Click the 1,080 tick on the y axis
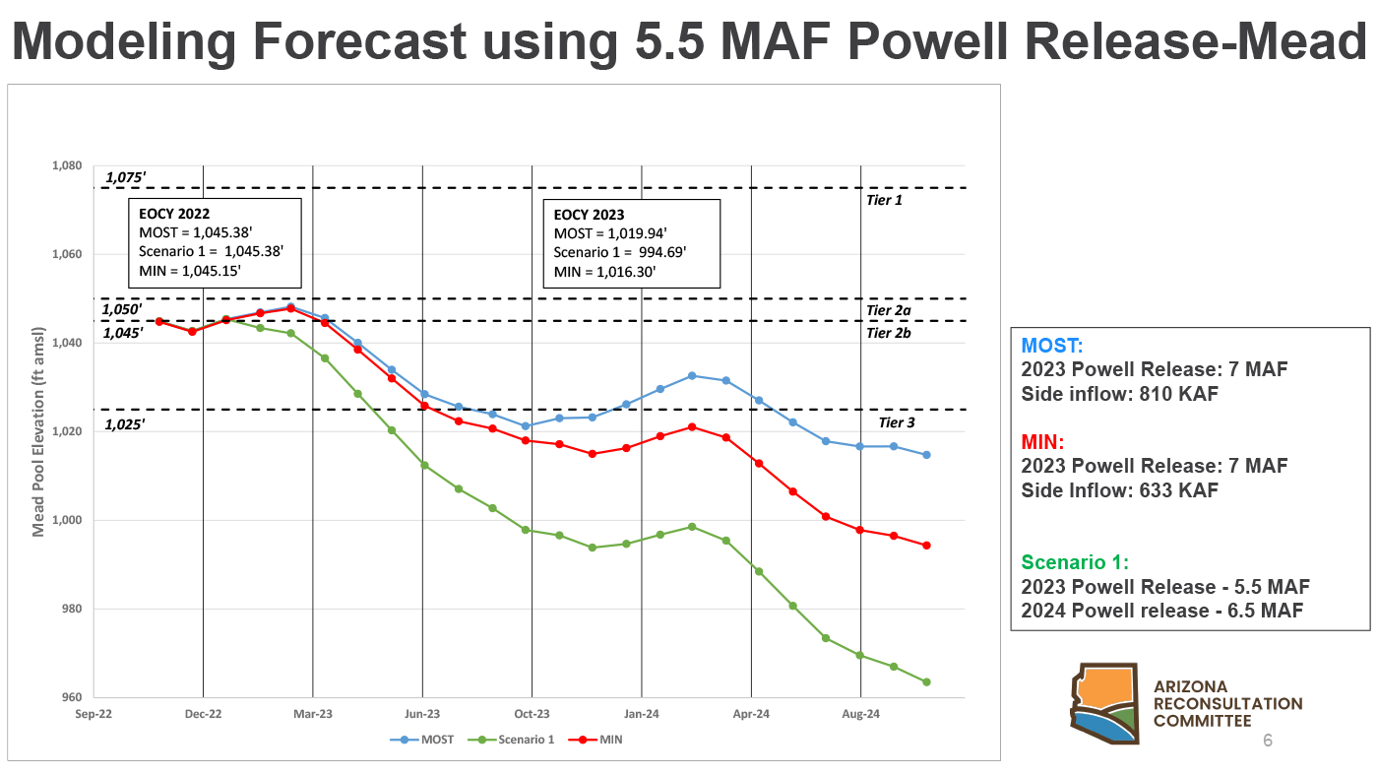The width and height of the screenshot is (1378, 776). click(x=67, y=165)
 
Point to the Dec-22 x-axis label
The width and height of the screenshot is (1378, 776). click(x=203, y=713)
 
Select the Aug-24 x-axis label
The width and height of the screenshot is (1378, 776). click(x=861, y=713)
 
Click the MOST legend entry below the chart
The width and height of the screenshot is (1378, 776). click(x=423, y=739)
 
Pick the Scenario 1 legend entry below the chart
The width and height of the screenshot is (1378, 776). click(x=517, y=739)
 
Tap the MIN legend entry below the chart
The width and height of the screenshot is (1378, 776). click(x=601, y=739)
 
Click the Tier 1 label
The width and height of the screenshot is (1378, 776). click(x=884, y=200)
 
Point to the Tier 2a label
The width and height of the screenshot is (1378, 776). click(x=888, y=310)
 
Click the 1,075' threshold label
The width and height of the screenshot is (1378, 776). click(x=125, y=177)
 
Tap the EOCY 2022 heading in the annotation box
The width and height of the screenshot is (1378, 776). click(x=174, y=213)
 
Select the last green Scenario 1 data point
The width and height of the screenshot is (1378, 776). click(x=926, y=682)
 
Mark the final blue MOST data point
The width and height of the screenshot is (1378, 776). click(x=926, y=455)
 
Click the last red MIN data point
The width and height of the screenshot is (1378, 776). click(x=926, y=546)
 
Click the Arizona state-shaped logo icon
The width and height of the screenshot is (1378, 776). click(x=1104, y=703)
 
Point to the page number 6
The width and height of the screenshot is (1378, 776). click(x=1268, y=741)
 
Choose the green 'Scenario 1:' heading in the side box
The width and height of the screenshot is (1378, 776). click(x=1075, y=562)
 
